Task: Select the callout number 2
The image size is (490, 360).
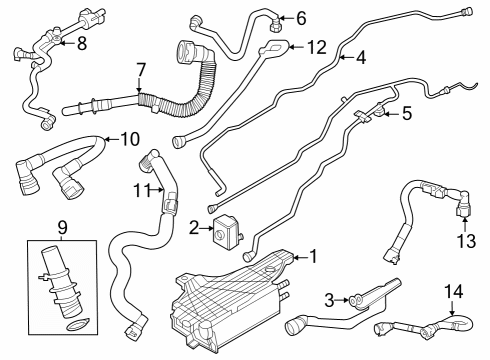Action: [x=195, y=229]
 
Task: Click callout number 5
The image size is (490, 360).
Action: [x=405, y=114]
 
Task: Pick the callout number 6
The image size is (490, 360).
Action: [x=301, y=17]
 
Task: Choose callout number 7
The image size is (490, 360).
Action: [x=141, y=69]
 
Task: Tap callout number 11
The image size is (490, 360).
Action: [x=143, y=189]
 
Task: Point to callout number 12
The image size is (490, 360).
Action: [x=316, y=47]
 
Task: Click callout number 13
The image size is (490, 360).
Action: [x=463, y=240]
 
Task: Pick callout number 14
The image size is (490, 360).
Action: [x=455, y=292]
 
